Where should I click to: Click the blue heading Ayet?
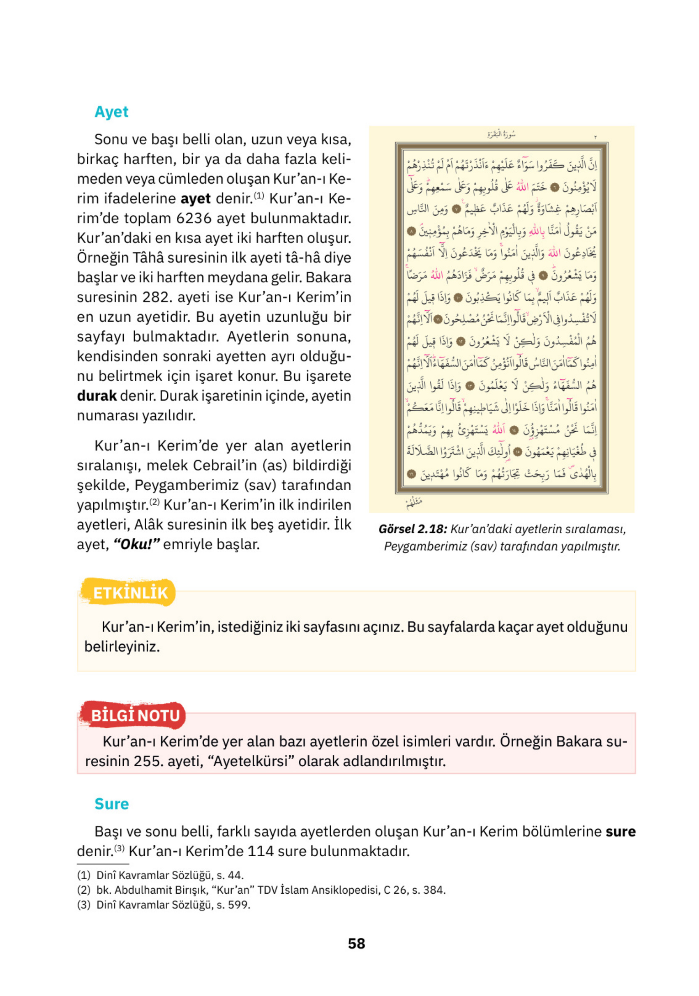point(111,112)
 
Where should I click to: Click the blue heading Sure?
point(111,804)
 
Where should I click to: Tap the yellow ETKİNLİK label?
point(130,593)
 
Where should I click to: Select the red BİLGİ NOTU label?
point(135,715)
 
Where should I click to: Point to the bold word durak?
point(96,396)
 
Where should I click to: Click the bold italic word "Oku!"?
point(137,544)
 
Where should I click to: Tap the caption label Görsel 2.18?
point(412,529)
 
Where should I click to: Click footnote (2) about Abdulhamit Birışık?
point(261,890)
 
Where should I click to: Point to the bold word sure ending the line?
point(620,832)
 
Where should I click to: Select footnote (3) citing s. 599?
point(164,905)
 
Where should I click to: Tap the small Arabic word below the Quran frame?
point(414,503)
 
